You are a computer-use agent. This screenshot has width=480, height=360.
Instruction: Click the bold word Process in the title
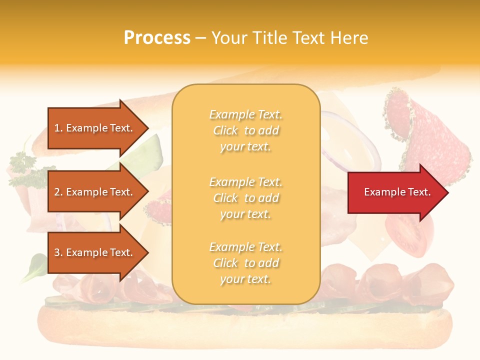pyautogui.click(x=157, y=38)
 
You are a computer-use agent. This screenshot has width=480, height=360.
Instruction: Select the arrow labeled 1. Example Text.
pyautogui.click(x=95, y=128)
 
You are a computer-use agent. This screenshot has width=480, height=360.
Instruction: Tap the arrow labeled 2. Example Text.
pyautogui.click(x=95, y=192)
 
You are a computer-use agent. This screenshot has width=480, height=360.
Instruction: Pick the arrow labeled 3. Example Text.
pyautogui.click(x=95, y=252)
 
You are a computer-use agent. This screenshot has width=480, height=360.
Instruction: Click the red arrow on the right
pyautogui.click(x=395, y=192)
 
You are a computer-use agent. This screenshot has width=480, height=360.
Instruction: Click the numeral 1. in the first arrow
pyautogui.click(x=58, y=128)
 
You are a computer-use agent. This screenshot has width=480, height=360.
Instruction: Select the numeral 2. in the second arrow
pyautogui.click(x=58, y=192)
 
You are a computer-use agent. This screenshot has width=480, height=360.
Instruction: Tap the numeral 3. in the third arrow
pyautogui.click(x=58, y=252)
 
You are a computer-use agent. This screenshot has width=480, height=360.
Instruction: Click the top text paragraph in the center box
pyautogui.click(x=245, y=130)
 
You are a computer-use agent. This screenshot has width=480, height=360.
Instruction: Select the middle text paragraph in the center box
pyautogui.click(x=245, y=198)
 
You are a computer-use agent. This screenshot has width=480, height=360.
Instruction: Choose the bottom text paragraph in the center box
pyautogui.click(x=245, y=263)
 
